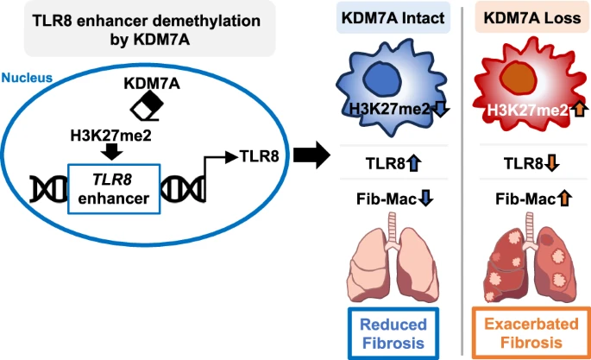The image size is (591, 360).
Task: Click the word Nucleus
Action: pyautogui.click(x=27, y=77)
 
